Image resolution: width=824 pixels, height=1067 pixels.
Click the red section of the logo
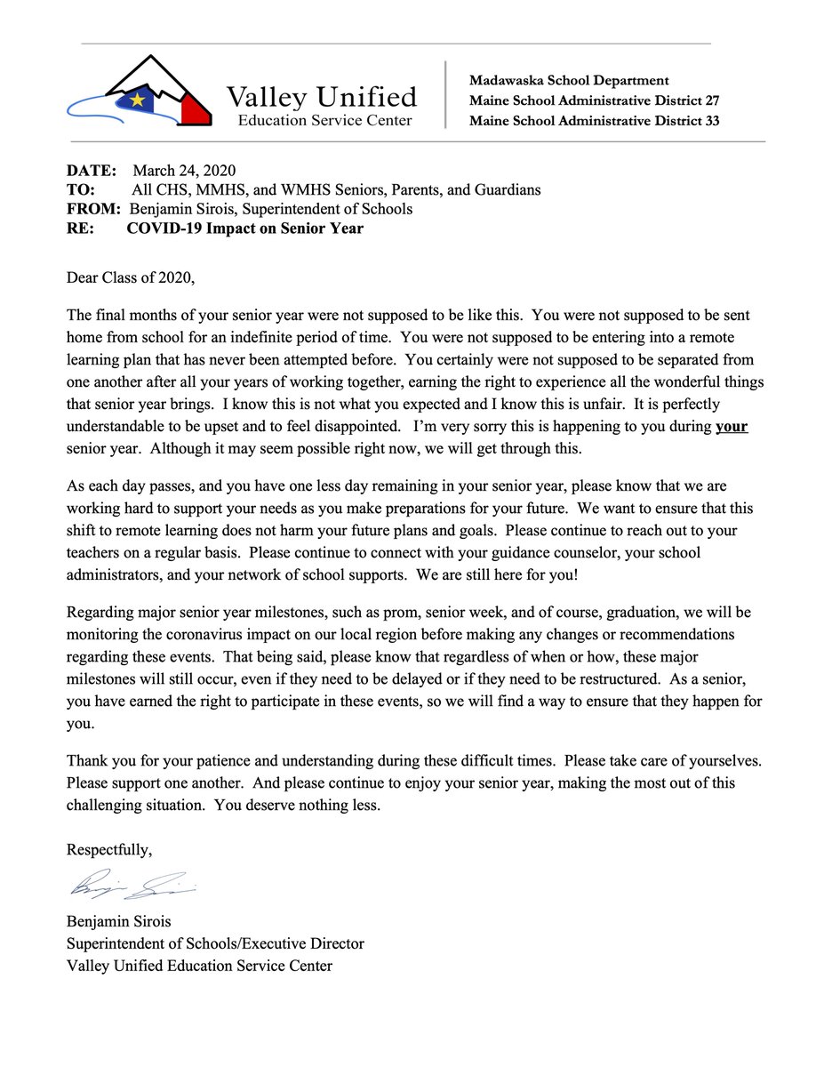pyautogui.click(x=192, y=108)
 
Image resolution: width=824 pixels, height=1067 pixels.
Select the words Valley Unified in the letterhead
pyautogui.click(x=321, y=96)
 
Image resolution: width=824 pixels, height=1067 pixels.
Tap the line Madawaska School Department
pyautogui.click(x=569, y=81)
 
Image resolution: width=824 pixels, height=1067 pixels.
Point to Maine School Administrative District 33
pyautogui.click(x=594, y=121)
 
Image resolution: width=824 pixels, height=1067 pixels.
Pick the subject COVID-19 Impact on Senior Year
pyautogui.click(x=244, y=229)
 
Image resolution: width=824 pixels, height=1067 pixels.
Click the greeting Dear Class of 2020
pyautogui.click(x=130, y=277)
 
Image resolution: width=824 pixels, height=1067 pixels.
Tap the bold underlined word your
pyautogui.click(x=731, y=427)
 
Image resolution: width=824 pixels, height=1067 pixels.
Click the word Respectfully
pyautogui.click(x=109, y=849)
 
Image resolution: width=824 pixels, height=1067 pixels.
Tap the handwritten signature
pyautogui.click(x=129, y=886)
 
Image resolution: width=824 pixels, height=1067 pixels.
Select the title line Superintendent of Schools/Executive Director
pyautogui.click(x=215, y=943)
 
